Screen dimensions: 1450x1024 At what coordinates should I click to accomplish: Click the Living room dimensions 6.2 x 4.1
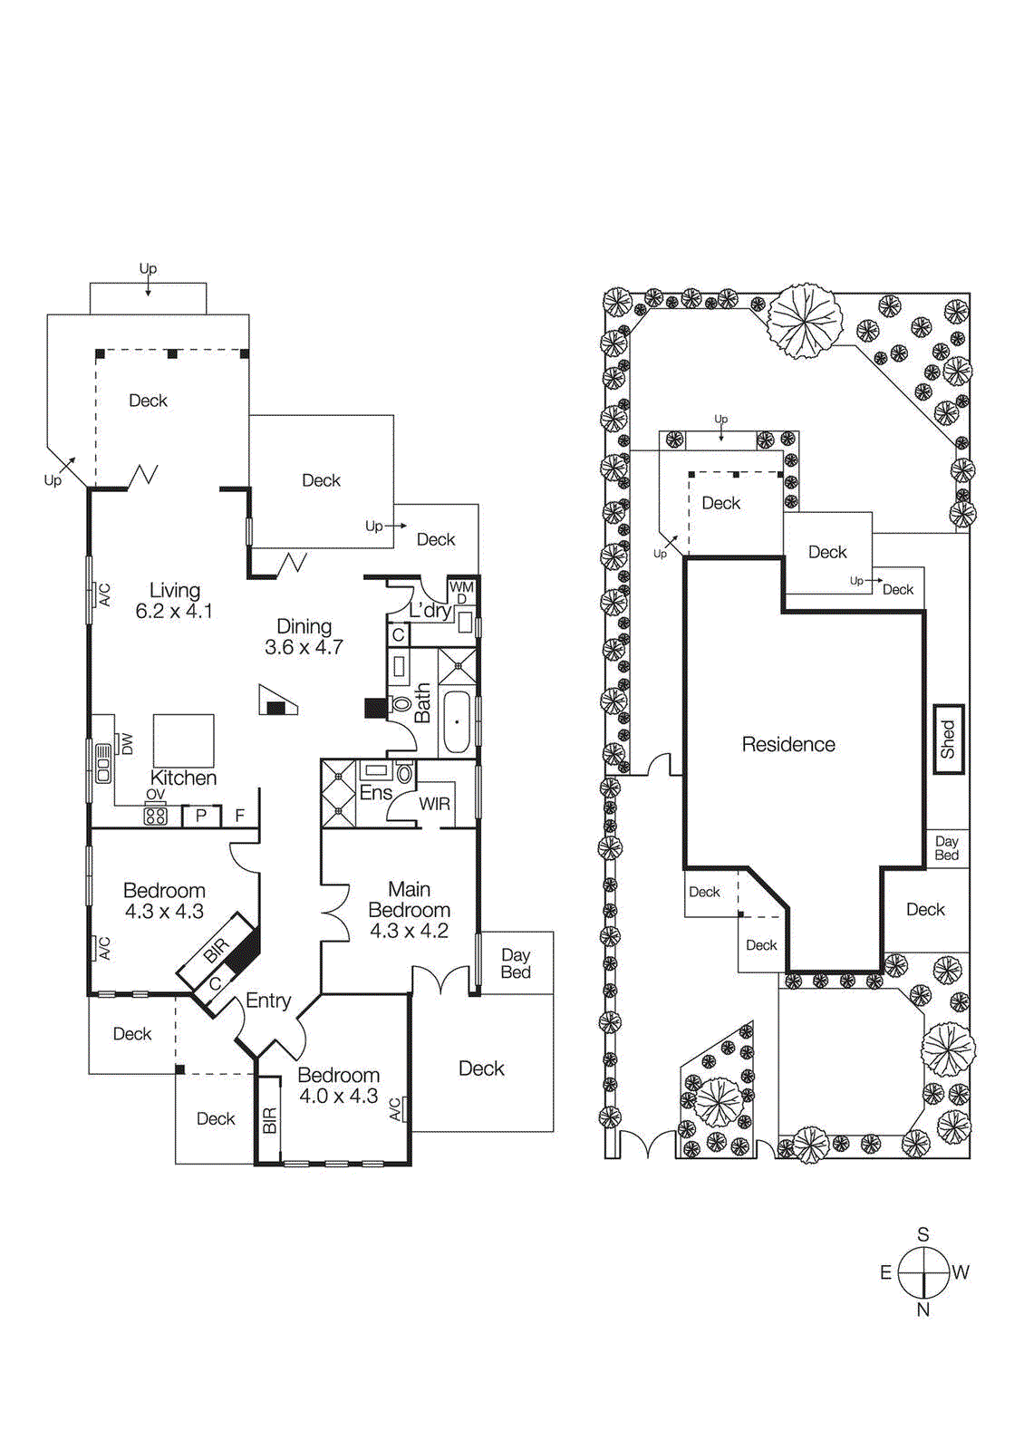(x=174, y=612)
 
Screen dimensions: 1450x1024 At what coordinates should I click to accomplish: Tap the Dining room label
(x=304, y=626)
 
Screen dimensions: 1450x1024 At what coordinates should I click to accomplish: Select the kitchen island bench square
(x=184, y=740)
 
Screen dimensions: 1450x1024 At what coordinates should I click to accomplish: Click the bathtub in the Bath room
(x=456, y=722)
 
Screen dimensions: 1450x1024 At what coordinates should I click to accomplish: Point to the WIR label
(x=434, y=804)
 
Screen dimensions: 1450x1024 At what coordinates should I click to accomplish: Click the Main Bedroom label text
(x=409, y=900)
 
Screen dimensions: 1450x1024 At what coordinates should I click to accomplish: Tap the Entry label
(x=268, y=1000)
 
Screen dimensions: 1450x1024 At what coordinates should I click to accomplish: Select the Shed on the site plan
(x=948, y=739)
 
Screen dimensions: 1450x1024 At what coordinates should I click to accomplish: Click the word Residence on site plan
(x=788, y=744)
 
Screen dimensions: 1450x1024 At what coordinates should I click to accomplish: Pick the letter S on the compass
(x=923, y=1234)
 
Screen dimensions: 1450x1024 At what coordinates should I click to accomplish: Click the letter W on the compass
(x=961, y=1272)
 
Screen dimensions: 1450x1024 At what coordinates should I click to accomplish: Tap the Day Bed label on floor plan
(x=516, y=963)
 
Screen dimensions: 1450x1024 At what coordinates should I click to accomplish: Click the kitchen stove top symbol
(x=156, y=816)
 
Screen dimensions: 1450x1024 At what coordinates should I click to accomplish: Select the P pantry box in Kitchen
(x=201, y=816)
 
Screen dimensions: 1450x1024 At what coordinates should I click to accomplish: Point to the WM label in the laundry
(x=461, y=587)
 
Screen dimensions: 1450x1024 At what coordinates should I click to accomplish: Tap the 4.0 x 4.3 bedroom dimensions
(x=339, y=1096)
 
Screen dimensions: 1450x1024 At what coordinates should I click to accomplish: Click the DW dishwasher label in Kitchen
(x=127, y=744)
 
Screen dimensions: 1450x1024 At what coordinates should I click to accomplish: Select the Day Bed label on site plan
(x=947, y=848)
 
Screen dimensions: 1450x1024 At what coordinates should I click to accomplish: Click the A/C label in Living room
(x=104, y=594)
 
